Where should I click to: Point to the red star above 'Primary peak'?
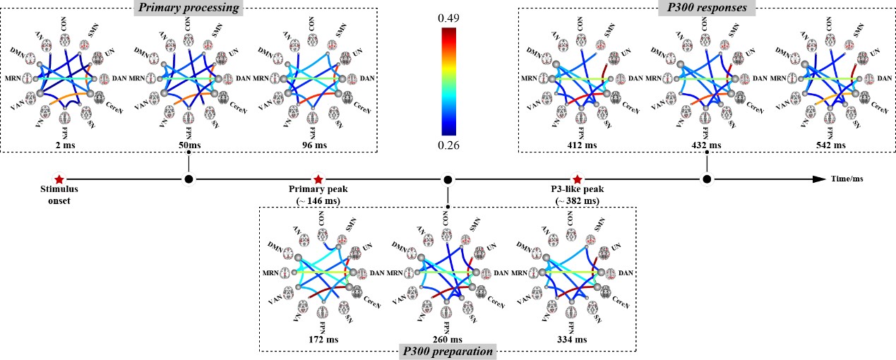pos(318,179)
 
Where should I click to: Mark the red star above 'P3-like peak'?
pos(578,179)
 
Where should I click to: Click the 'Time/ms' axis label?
pos(849,180)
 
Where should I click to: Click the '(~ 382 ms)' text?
pos(578,201)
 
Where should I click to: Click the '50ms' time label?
pos(187,145)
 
